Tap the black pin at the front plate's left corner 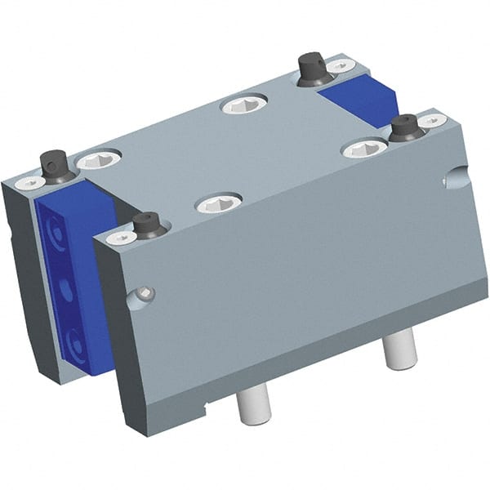click(x=147, y=225)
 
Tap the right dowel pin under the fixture click(x=400, y=350)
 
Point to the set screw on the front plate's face click(x=145, y=293)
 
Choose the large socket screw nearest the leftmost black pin click(x=99, y=158)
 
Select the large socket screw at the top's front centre click(x=219, y=203)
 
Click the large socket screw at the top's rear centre click(x=244, y=104)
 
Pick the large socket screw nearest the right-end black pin click(x=364, y=148)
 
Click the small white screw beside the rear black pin click(x=340, y=65)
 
